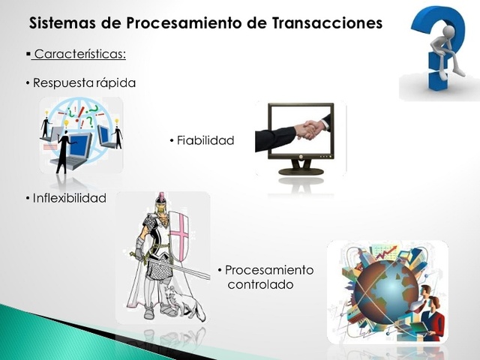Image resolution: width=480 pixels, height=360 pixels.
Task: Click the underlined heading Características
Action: [80, 55]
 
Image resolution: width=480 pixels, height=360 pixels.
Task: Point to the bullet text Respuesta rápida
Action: [85, 83]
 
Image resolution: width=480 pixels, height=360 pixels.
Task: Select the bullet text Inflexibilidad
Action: [69, 198]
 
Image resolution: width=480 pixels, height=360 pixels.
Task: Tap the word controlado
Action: [262, 285]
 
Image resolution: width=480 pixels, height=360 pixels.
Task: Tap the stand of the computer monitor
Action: [301, 169]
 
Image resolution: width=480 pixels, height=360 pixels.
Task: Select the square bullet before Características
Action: [28, 55]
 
